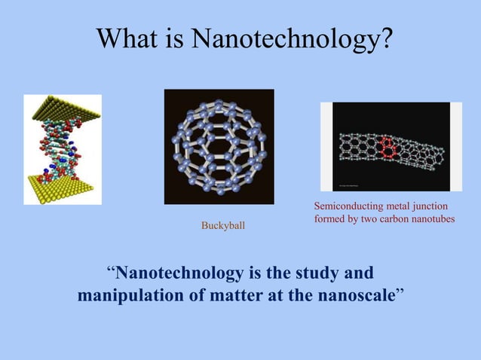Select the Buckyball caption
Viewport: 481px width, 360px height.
click(x=222, y=225)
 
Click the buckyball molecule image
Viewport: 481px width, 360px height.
click(x=219, y=146)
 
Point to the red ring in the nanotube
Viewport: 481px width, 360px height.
click(x=388, y=146)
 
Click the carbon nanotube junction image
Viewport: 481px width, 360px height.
click(x=391, y=146)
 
